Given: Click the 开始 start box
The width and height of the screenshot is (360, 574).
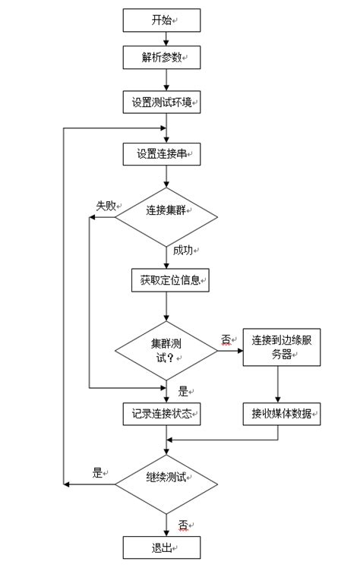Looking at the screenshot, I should (x=161, y=20).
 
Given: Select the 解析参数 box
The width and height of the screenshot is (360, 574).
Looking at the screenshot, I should (x=161, y=58).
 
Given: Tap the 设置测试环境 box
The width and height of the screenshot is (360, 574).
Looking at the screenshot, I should (x=161, y=102).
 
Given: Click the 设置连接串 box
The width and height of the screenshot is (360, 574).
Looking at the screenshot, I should (x=161, y=154).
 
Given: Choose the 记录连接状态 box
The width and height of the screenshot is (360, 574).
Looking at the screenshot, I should (x=161, y=414).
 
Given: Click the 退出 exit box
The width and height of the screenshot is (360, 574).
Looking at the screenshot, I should (x=161, y=547).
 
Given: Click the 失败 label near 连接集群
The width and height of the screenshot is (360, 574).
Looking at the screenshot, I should (x=105, y=205).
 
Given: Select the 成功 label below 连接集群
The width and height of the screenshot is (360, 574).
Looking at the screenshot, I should (x=182, y=251).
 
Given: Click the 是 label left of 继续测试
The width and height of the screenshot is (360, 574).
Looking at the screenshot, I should (x=97, y=472).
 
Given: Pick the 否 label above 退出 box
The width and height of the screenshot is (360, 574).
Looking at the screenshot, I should (x=183, y=525).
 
